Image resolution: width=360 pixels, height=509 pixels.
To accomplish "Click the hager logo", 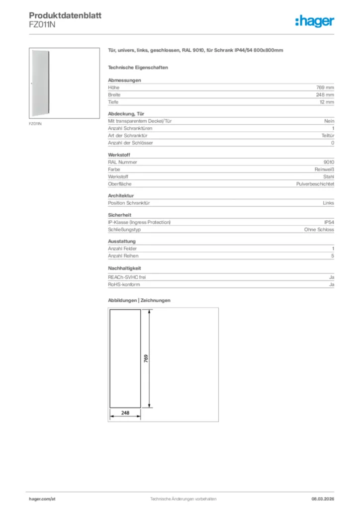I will click(315, 21).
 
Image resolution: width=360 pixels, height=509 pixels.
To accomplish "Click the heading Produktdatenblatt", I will click(65, 15).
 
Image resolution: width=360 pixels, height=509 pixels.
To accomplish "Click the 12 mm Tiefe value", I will click(327, 102).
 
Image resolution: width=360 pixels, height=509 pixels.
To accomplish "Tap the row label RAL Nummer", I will click(122, 162).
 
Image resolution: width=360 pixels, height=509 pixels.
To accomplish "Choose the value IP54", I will click(329, 222).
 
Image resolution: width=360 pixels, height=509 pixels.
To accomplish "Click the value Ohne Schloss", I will click(319, 230).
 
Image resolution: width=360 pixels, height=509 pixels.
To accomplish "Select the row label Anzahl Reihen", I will click(123, 256).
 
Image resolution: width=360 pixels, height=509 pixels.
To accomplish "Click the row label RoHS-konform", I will click(124, 284).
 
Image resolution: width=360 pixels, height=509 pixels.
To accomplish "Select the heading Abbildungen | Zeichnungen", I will click(139, 301).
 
